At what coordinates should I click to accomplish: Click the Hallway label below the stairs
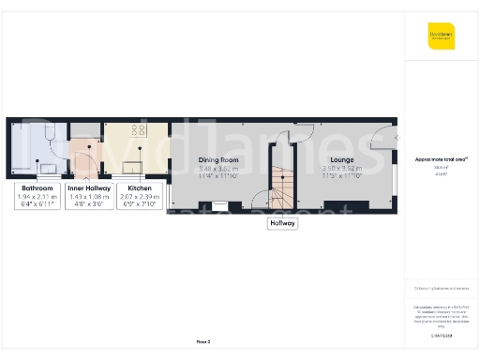click(282, 223)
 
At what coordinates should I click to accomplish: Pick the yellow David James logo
click(441, 36)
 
